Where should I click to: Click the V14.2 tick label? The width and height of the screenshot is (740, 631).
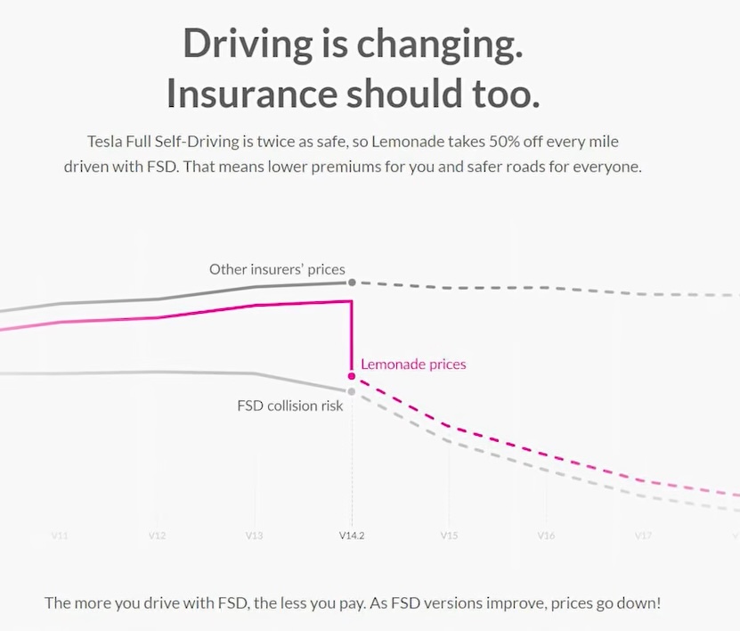352,536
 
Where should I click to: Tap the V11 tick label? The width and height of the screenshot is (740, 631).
60,536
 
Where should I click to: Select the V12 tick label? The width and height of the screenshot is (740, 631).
157,536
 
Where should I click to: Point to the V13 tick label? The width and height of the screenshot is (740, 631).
254,536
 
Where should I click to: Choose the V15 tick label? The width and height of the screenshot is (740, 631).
449,536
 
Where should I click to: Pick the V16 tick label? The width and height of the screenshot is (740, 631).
546,536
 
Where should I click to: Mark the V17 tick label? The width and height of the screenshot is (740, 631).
643,536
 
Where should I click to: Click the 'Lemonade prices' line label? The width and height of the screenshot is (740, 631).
413,364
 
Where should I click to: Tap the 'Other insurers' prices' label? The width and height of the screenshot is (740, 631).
277,268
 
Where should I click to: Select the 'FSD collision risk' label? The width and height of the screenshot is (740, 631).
289,406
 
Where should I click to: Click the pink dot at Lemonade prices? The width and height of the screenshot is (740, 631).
352,376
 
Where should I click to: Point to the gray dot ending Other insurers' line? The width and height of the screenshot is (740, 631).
352,283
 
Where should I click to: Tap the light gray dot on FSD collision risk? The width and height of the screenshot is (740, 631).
352,391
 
